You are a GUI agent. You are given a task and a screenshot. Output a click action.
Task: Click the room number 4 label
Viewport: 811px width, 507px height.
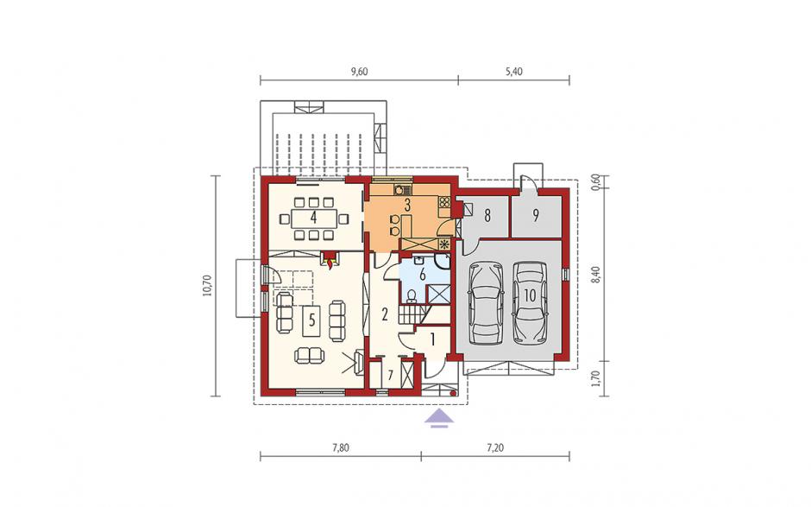coord(313,218)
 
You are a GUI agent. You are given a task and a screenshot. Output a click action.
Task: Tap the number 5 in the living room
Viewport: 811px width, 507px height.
coord(311,320)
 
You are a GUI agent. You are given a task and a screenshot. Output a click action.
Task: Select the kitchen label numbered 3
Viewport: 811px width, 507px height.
coord(407,205)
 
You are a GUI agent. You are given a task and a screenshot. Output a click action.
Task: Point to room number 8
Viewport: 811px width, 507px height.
coord(487,215)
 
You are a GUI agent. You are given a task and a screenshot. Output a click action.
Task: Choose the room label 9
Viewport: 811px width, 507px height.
coord(535,215)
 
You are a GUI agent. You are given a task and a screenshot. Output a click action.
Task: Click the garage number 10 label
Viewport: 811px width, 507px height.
coord(529,295)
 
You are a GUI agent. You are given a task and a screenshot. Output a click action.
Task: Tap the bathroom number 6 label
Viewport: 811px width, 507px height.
coord(423,275)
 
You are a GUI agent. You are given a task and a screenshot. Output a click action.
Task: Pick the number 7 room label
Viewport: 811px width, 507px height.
coord(391,375)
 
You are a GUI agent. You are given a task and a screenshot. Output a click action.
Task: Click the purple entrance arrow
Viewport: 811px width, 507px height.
coord(439,417)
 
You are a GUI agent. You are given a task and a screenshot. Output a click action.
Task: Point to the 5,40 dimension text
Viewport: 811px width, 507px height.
coord(514,72)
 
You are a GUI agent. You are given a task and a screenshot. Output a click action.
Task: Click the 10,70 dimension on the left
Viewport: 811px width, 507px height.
coord(207,285)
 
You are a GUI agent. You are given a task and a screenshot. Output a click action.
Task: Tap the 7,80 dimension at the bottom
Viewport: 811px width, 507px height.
coord(341,448)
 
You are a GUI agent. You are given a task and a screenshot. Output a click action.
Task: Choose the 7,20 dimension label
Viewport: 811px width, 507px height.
coord(495,448)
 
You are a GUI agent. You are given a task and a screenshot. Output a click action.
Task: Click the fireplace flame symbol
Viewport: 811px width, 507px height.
coord(330,262)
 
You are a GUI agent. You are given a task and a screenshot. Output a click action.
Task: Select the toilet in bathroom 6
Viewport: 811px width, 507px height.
coord(412,295)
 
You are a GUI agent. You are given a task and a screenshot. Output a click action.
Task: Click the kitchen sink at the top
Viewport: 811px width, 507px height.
coord(399,189)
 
